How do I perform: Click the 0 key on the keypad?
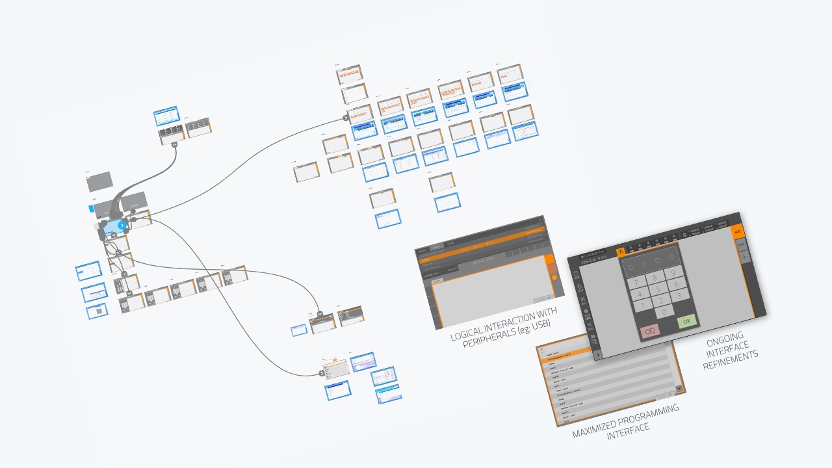pyautogui.click(x=664, y=312)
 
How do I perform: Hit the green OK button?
pyautogui.click(x=686, y=321)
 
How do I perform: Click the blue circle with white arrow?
pyautogui.click(x=122, y=225)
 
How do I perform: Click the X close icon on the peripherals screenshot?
pyautogui.click(x=541, y=220)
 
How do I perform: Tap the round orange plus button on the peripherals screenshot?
pyautogui.click(x=554, y=278)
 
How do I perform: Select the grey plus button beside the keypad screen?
pyautogui.click(x=744, y=257)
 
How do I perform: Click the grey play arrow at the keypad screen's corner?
pyautogui.click(x=599, y=354)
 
